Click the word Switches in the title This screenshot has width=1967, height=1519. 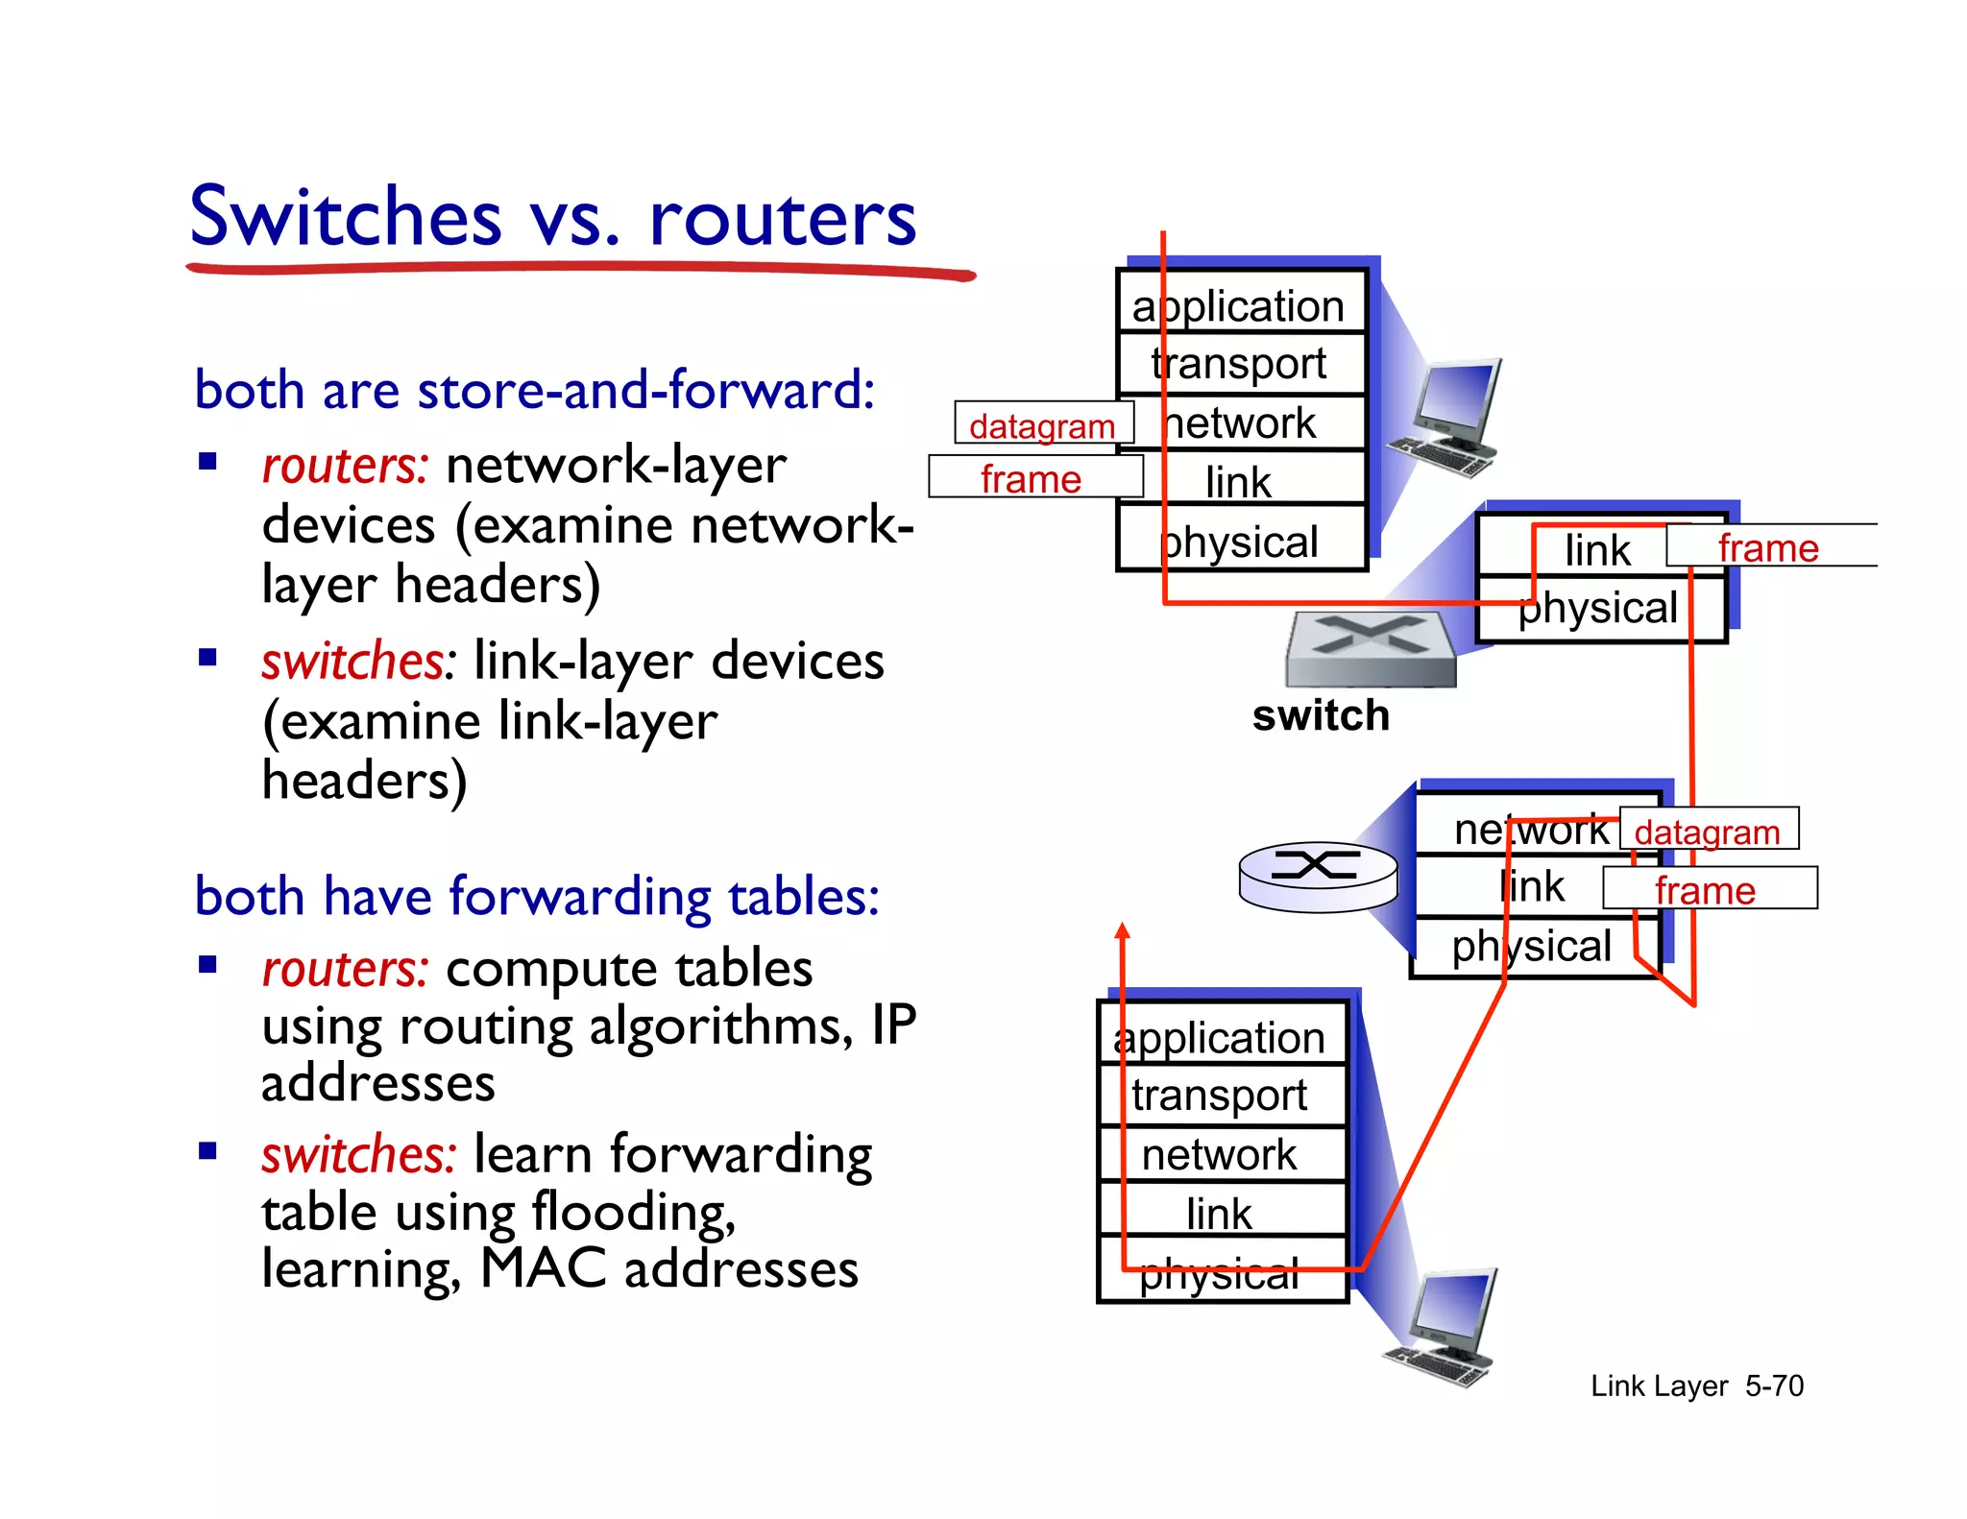(x=346, y=217)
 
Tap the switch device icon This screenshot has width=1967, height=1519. (x=1371, y=648)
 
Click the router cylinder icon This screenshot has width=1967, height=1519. (x=1318, y=875)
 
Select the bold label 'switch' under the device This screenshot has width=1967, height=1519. (x=1321, y=716)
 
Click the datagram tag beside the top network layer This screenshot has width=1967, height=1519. (x=1043, y=424)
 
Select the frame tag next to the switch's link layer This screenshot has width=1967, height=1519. (x=1768, y=547)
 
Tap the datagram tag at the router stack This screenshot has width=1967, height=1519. (x=1708, y=831)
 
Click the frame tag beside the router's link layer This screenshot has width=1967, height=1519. (x=1707, y=889)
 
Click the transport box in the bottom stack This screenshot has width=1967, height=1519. (x=1220, y=1096)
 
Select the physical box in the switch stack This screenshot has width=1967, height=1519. (x=1598, y=609)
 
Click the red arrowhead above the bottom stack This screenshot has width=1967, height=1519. (x=1122, y=929)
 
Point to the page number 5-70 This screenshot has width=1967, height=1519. (x=1774, y=1386)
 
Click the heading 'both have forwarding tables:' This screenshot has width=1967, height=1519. (x=536, y=896)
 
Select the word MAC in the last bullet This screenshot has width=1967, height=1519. (x=544, y=1268)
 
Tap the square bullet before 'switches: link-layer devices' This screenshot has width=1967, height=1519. (x=207, y=659)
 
